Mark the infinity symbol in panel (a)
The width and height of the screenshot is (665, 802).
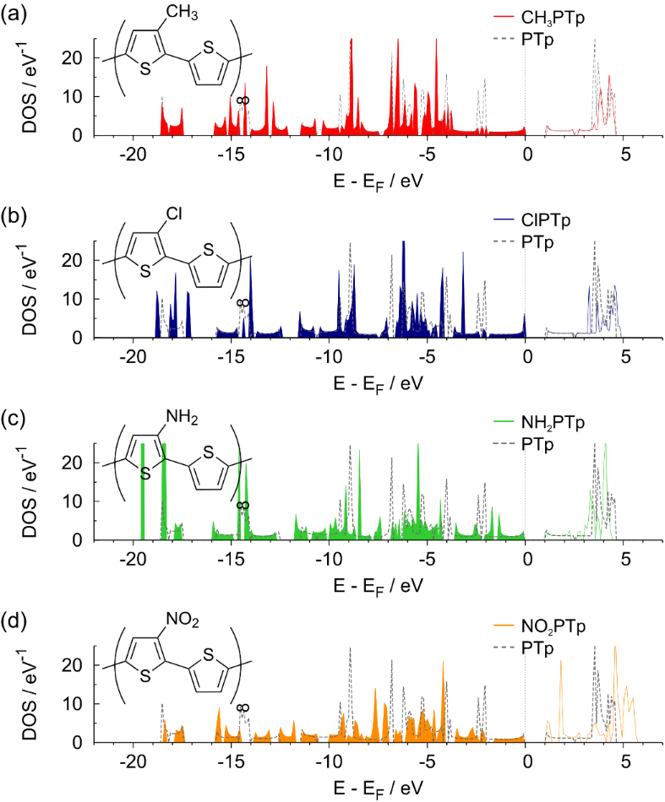tap(243, 100)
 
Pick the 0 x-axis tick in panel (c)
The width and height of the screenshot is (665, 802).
tap(527, 561)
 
